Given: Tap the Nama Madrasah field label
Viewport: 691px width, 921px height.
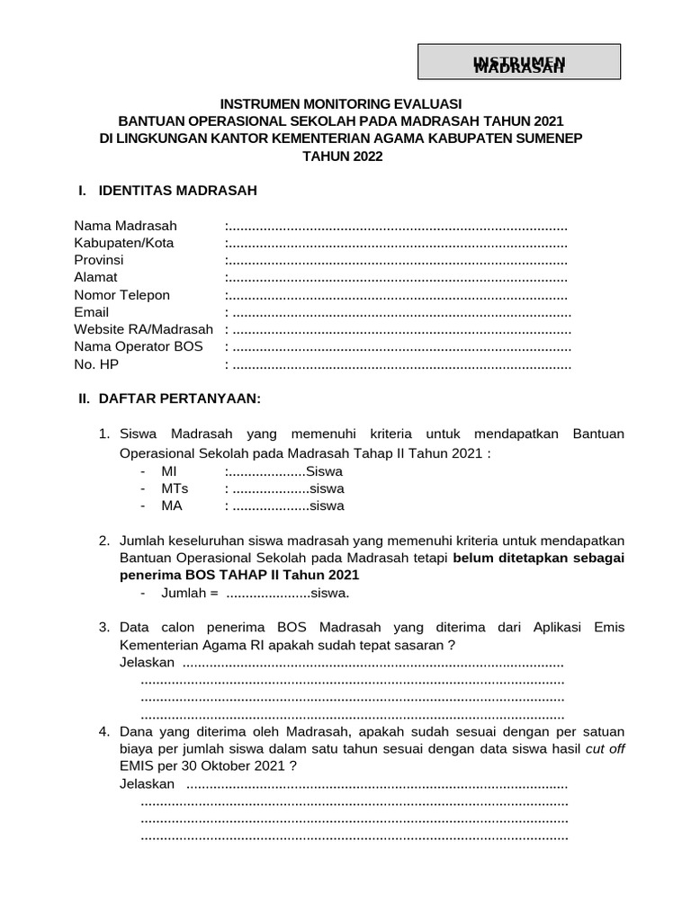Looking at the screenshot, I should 125,225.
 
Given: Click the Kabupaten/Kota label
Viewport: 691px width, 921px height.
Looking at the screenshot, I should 124,243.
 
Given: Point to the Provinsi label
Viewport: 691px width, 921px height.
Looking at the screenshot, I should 98,260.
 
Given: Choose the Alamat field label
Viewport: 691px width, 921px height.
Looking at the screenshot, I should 95,277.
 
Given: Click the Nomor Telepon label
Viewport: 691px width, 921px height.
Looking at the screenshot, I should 121,295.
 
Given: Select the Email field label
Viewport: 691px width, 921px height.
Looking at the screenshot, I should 91,312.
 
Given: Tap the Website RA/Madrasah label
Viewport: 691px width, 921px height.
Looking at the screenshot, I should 143,329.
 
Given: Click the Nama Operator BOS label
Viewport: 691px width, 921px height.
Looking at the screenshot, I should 138,346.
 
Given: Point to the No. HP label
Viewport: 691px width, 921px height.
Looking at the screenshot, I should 95,364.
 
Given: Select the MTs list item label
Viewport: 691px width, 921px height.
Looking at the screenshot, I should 174,488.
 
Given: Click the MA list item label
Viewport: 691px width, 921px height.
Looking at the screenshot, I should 171,505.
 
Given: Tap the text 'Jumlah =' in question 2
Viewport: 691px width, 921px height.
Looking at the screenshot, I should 190,593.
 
